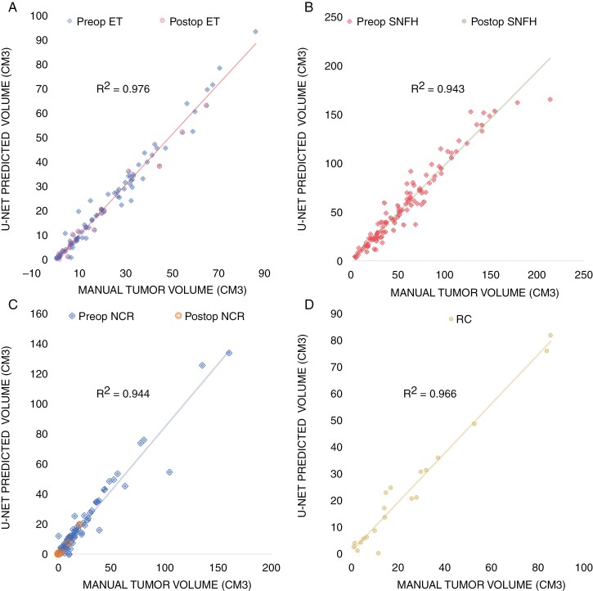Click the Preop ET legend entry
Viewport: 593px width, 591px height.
tap(95, 21)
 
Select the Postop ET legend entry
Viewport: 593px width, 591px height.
tap(190, 21)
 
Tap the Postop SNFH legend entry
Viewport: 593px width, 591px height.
tap(499, 21)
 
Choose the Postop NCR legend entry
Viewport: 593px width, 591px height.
tap(210, 316)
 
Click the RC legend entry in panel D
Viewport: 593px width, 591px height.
tap(460, 319)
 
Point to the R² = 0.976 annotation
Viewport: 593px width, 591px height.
tap(123, 88)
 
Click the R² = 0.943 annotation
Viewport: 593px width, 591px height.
tap(438, 88)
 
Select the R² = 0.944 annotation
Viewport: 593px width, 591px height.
tap(123, 393)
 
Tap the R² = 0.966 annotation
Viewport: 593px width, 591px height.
tap(430, 393)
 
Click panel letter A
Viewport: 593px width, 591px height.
tap(12, 7)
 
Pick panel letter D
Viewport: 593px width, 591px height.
tap(309, 305)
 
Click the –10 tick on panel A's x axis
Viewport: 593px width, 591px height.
tap(31, 273)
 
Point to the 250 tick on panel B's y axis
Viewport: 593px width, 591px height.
tap(333, 17)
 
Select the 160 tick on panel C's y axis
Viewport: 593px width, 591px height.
tap(39, 314)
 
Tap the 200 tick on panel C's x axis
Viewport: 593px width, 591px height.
tap(272, 567)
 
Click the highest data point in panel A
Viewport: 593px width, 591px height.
tap(256, 32)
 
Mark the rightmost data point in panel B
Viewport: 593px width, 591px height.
tap(550, 99)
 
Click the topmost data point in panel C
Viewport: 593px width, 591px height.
tap(229, 353)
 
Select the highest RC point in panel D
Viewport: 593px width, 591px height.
tap(550, 336)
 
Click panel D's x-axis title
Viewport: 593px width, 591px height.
tap(481, 585)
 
